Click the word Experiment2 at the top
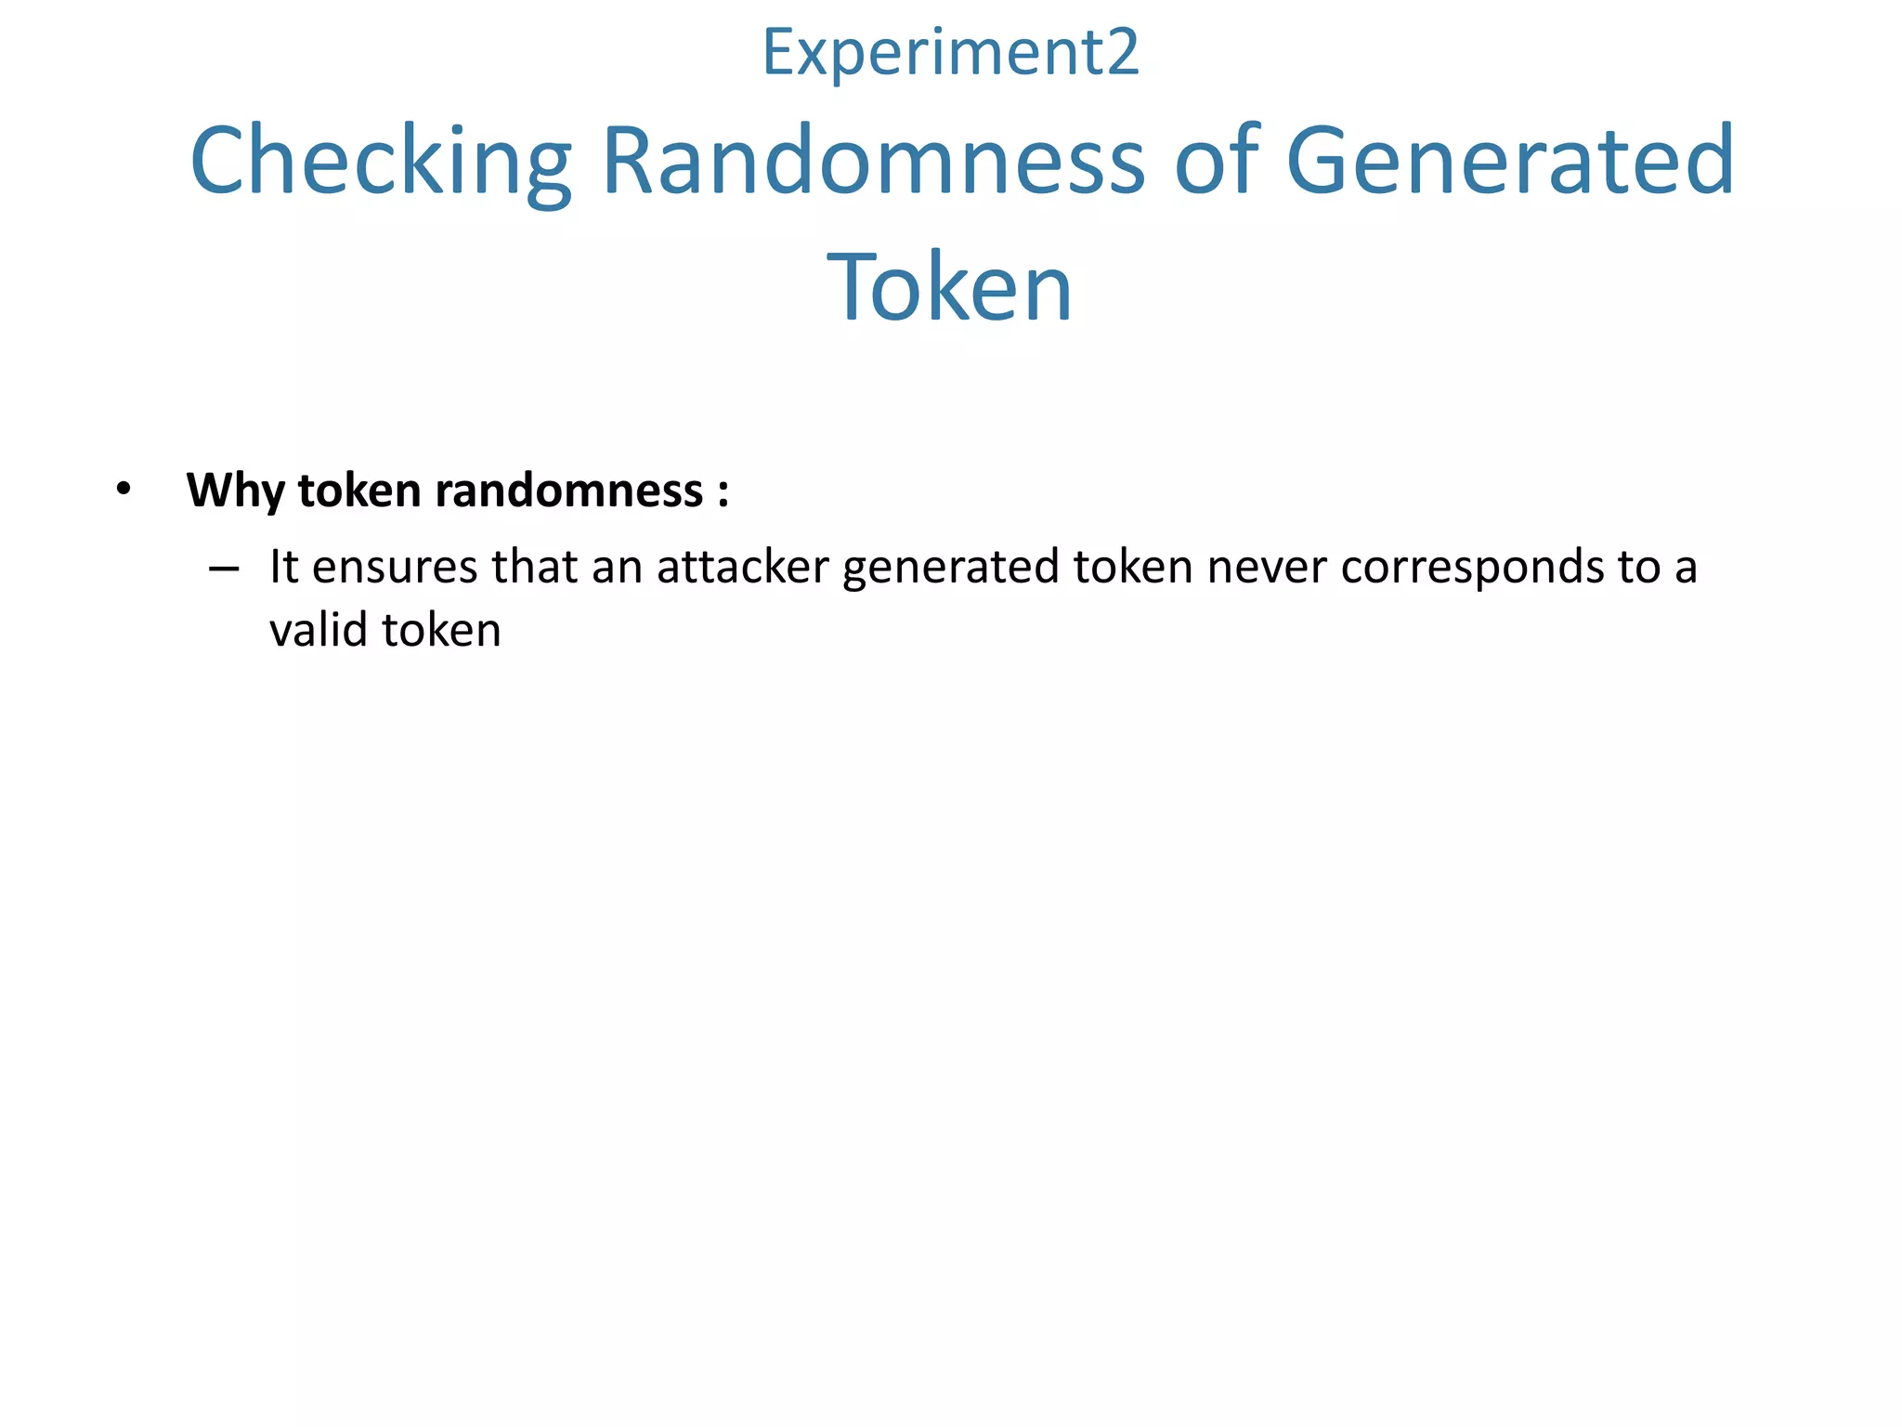[950, 54]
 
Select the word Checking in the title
[381, 162]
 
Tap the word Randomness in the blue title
[873, 162]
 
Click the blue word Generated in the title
[1510, 162]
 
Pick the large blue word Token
[950, 288]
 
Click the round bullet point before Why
[124, 489]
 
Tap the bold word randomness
[568, 491]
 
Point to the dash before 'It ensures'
[224, 569]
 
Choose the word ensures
[395, 567]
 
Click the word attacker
[742, 567]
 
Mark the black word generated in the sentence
[951, 569]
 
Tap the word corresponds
[1472, 569]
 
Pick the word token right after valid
[442, 630]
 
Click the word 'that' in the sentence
[534, 567]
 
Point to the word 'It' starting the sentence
[283, 567]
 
